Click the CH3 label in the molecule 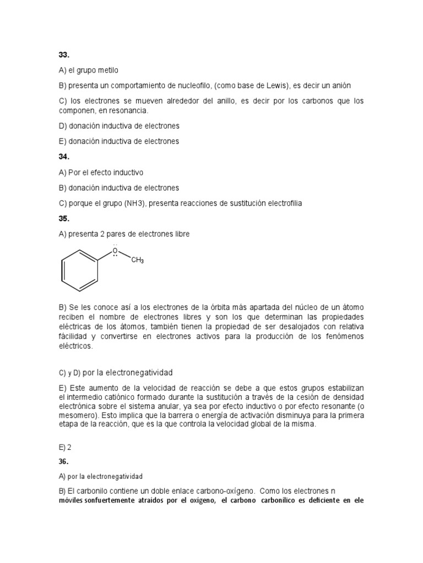pyautogui.click(x=138, y=260)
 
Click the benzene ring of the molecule pyautogui.click(x=79, y=271)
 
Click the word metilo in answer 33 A pyautogui.click(x=107, y=70)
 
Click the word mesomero pyautogui.click(x=76, y=416)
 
